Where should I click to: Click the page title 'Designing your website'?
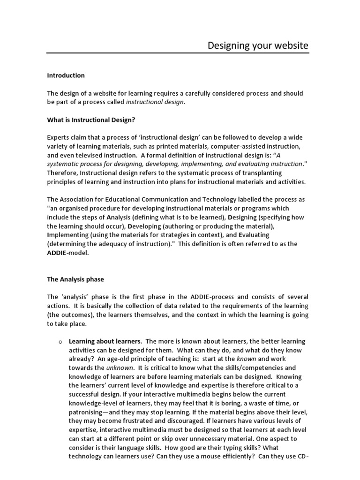(x=258, y=46)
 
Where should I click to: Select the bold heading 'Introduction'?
(x=66, y=75)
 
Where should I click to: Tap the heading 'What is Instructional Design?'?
(x=91, y=120)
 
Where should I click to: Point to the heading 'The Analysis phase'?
(x=75, y=279)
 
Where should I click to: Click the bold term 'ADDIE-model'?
(x=67, y=253)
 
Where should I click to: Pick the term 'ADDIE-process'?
(x=212, y=297)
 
